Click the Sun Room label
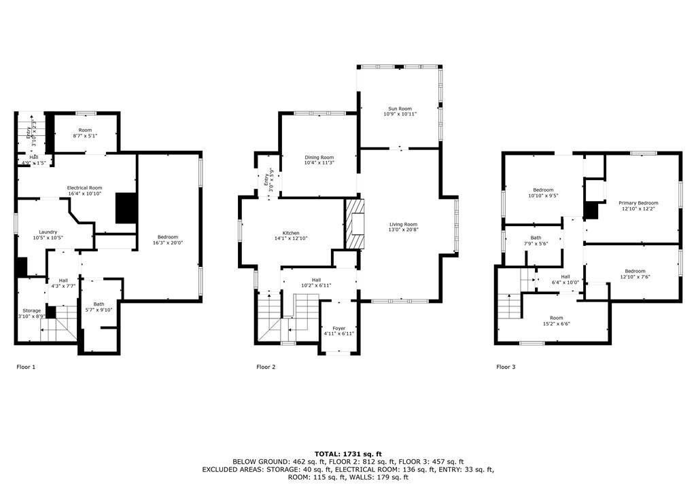(x=400, y=108)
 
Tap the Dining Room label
(x=319, y=158)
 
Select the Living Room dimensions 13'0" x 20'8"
(x=404, y=230)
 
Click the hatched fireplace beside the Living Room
(x=355, y=223)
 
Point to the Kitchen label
(x=291, y=233)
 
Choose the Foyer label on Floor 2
(x=338, y=328)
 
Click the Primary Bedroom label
(x=638, y=203)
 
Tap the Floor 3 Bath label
(x=536, y=238)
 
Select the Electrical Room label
(x=84, y=187)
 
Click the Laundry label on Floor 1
(x=48, y=232)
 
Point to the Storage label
(x=31, y=310)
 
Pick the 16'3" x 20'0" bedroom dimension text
(x=168, y=242)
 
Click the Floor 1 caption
(x=26, y=367)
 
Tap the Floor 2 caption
(x=266, y=367)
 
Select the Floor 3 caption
(x=506, y=367)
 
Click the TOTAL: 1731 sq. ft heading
(x=348, y=454)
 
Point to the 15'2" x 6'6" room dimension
(x=556, y=323)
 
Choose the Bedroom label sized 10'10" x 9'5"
(x=543, y=190)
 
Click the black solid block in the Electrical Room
(x=126, y=208)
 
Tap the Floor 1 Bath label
(x=99, y=304)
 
